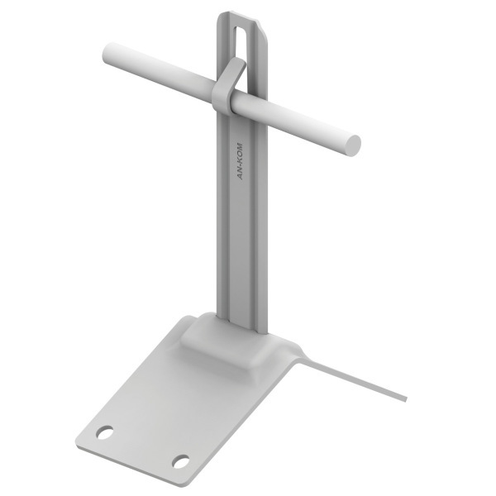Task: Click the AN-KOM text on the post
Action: tap(241, 161)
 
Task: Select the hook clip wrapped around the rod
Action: tap(227, 85)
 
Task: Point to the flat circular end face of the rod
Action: tap(352, 145)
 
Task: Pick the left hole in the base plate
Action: tap(105, 432)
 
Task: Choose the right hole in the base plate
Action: tap(180, 461)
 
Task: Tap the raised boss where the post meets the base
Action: tap(222, 341)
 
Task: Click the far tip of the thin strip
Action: tap(406, 399)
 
